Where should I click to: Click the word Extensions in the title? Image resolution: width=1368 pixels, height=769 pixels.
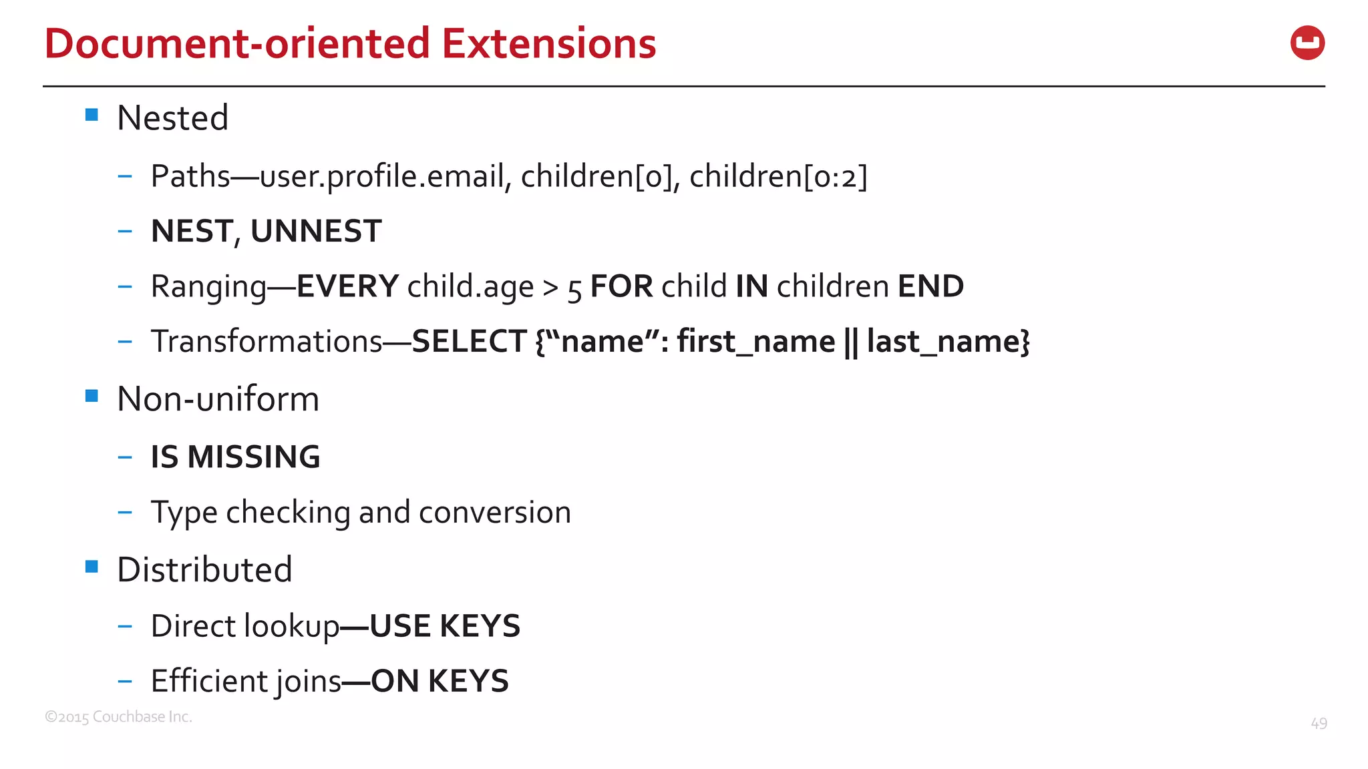pyautogui.click(x=548, y=44)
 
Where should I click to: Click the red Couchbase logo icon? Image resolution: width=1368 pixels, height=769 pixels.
pyautogui.click(x=1307, y=43)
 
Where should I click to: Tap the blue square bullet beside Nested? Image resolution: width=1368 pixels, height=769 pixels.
pyautogui.click(x=92, y=115)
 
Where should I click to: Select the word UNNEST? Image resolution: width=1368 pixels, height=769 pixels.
pyautogui.click(x=316, y=231)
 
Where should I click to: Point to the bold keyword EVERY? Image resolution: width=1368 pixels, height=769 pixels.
pyautogui.click(x=347, y=286)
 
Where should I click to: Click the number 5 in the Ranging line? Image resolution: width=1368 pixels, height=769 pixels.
pyautogui.click(x=574, y=289)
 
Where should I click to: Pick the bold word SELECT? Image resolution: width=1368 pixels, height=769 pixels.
pyautogui.click(x=469, y=341)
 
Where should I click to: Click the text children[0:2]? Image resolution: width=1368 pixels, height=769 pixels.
pyautogui.click(x=778, y=176)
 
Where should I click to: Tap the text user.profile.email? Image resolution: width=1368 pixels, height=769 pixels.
pyautogui.click(x=381, y=176)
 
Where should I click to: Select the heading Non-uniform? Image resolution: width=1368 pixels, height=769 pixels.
pyautogui.click(x=218, y=399)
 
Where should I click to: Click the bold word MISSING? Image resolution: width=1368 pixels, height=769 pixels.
pyautogui.click(x=254, y=457)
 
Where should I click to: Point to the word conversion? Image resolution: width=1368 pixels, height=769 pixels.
pyautogui.click(x=495, y=512)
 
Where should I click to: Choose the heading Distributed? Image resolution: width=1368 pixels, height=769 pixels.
pyautogui.click(x=204, y=569)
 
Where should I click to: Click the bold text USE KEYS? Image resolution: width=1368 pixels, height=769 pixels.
pyautogui.click(x=445, y=626)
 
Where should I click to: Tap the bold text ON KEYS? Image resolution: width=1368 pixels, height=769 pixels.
pyautogui.click(x=440, y=682)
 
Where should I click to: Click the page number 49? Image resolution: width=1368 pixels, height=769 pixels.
pyautogui.click(x=1319, y=724)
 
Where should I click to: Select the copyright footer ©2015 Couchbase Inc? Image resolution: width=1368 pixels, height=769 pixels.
pyautogui.click(x=118, y=717)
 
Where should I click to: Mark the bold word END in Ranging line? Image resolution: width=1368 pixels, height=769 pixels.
pyautogui.click(x=930, y=286)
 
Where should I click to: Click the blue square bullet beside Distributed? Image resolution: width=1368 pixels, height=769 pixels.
pyautogui.click(x=92, y=567)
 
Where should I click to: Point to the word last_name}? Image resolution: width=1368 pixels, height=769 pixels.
pyautogui.click(x=948, y=341)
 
